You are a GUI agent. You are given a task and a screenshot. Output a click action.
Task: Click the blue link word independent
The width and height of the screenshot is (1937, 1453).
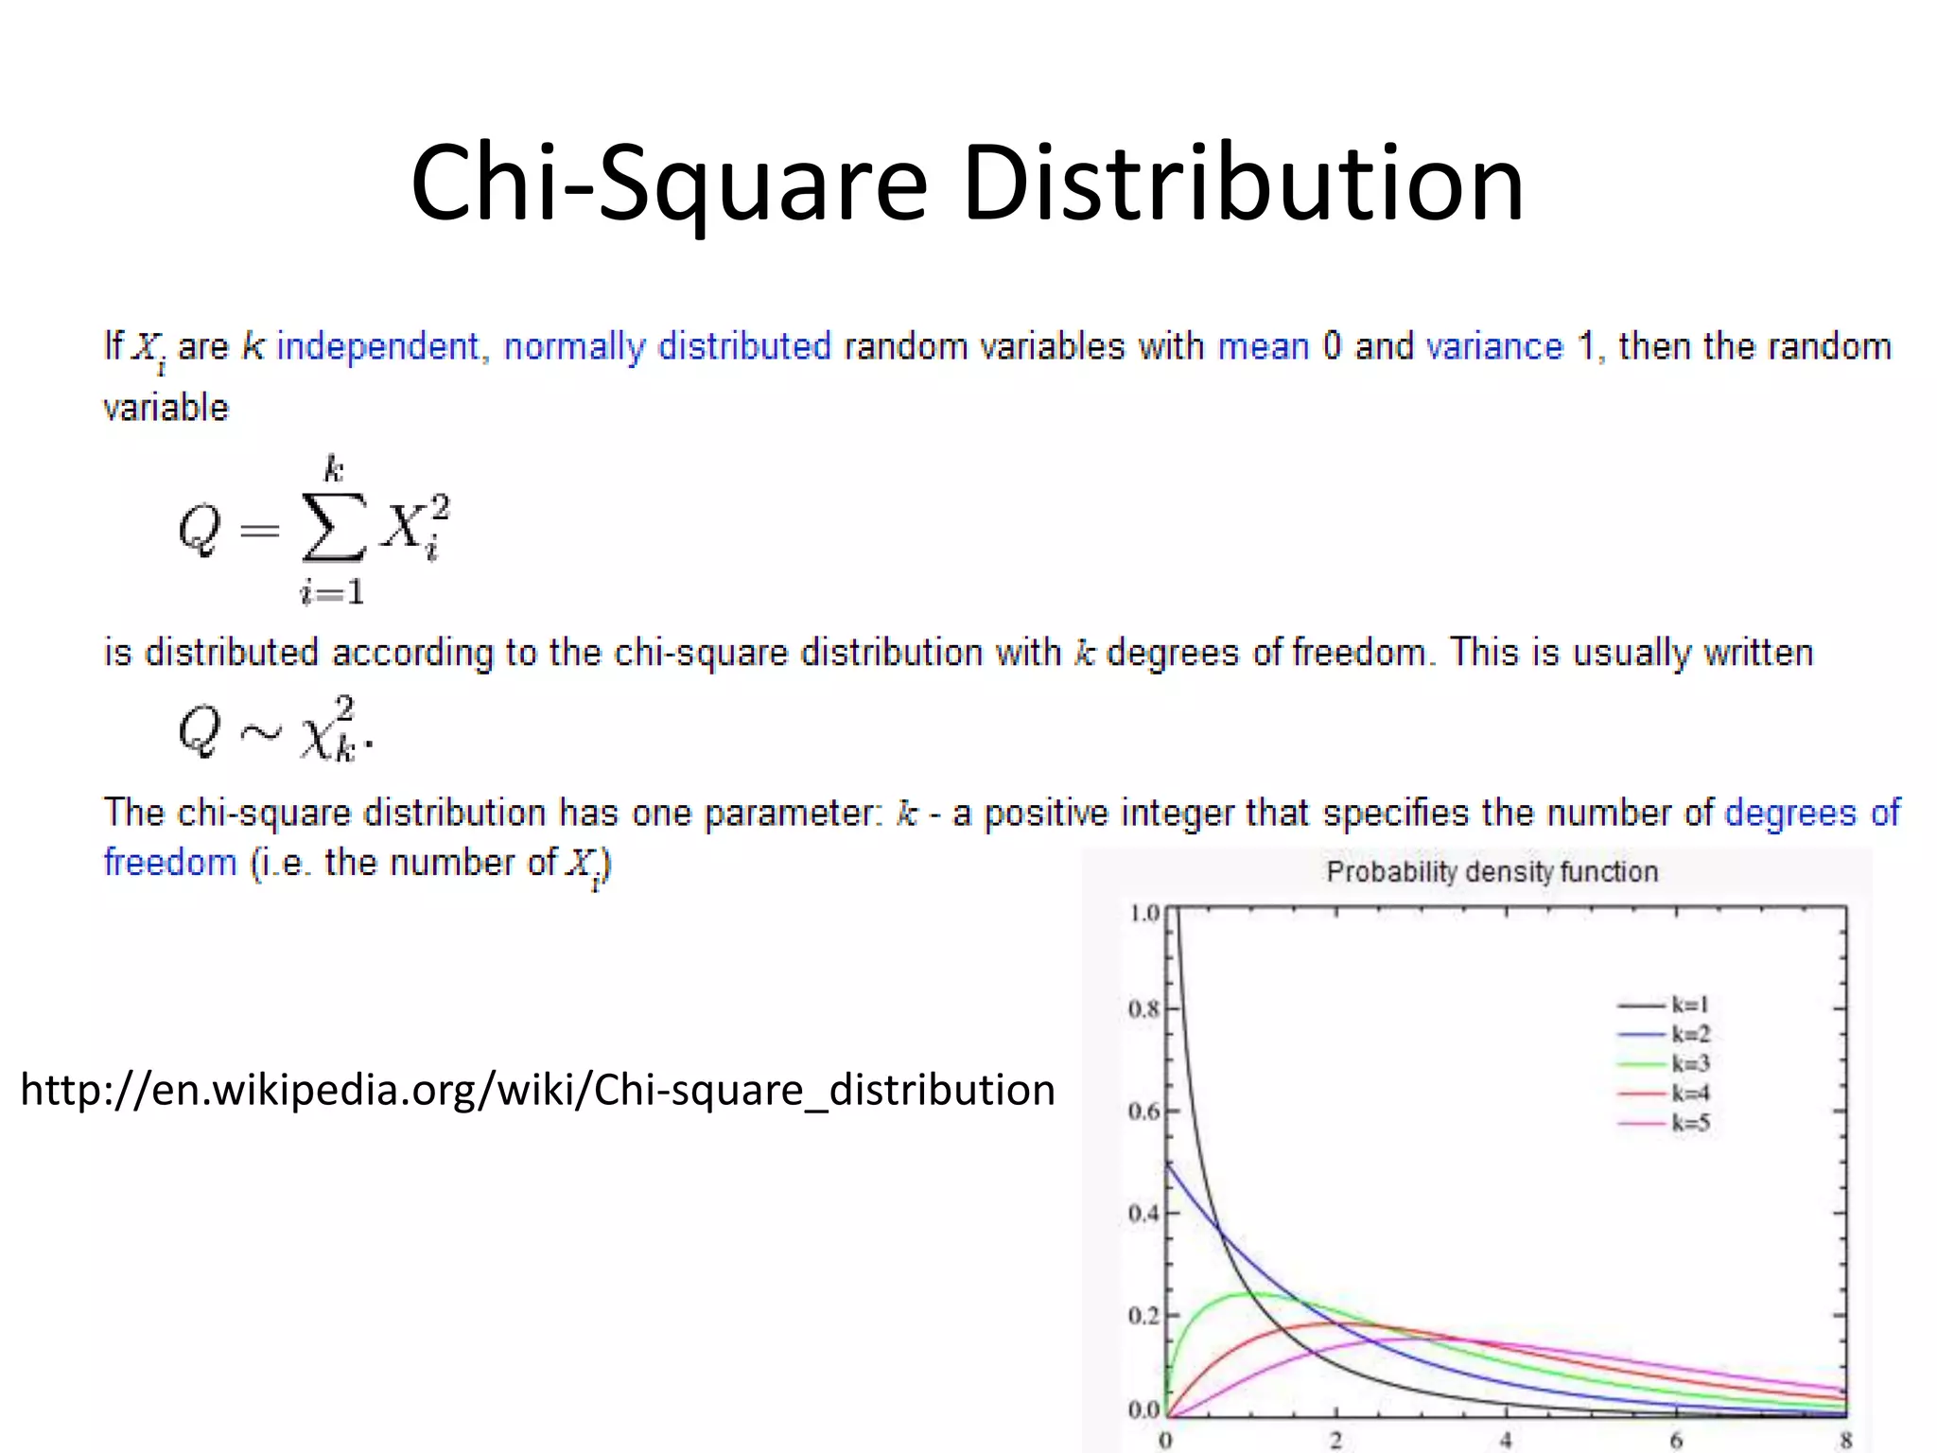coord(377,346)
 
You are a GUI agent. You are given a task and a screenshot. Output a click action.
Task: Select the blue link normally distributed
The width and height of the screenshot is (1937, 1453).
coord(667,346)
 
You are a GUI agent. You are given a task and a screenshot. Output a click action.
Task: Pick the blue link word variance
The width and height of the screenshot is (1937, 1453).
coord(1494,346)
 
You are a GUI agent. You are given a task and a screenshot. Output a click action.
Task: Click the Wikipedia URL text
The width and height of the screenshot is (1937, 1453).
coord(537,1090)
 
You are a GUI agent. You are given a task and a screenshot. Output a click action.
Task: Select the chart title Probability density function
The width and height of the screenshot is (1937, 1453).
coord(1492,871)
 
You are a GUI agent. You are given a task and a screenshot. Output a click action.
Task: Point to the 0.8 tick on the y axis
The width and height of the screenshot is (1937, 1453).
coord(1143,1009)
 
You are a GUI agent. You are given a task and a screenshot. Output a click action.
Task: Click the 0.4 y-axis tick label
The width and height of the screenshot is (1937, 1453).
coord(1143,1214)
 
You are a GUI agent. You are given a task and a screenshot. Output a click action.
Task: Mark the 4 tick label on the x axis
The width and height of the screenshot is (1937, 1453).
coord(1506,1441)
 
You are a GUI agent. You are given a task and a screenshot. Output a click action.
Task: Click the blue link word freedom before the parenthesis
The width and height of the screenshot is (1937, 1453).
coord(170,863)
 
